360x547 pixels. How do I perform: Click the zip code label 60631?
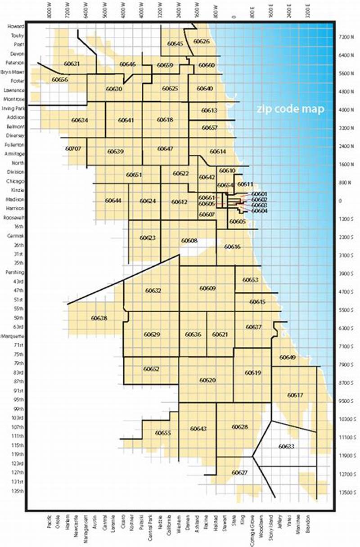point(72,64)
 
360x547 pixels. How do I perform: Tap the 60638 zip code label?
point(99,318)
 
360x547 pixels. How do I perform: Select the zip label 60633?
point(286,446)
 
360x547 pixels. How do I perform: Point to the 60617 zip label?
point(295,395)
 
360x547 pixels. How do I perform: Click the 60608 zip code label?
point(189,241)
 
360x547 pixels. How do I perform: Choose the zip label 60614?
point(218,152)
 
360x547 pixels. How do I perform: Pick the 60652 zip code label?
point(152,369)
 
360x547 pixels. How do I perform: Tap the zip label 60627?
point(239,472)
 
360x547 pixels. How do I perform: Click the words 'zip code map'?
point(290,109)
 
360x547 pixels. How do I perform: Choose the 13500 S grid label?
point(347,492)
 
